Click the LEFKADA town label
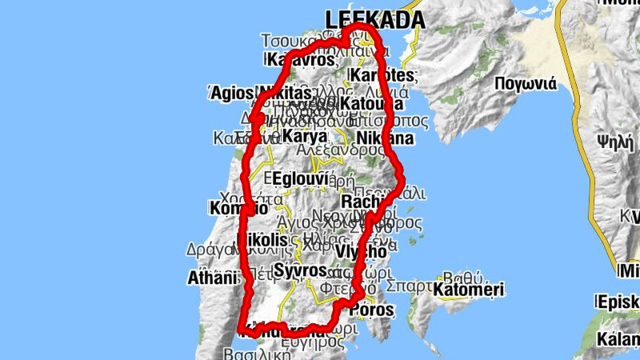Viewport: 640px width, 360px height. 374,18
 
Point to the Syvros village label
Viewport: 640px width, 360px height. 300,270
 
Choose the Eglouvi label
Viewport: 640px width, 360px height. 298,178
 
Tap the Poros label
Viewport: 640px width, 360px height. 373,310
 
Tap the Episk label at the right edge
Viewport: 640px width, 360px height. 618,302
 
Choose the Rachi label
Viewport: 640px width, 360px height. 359,202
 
